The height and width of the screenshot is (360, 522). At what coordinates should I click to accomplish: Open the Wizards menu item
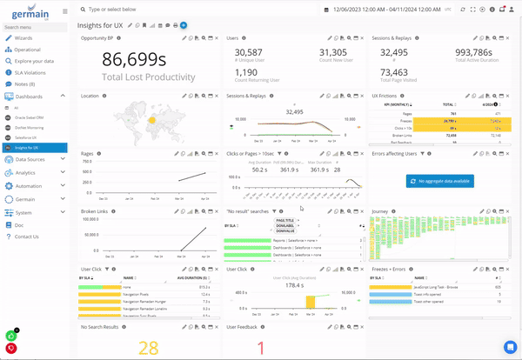[24, 39]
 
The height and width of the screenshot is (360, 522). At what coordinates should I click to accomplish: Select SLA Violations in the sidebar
[29, 73]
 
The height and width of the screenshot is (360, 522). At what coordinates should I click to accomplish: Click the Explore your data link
[34, 62]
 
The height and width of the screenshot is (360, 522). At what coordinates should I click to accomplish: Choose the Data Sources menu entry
[30, 159]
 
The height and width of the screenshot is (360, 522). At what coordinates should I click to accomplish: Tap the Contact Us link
[26, 237]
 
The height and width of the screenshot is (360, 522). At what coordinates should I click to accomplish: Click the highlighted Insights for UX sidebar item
[30, 148]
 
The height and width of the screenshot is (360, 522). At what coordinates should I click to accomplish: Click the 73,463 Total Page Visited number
[394, 73]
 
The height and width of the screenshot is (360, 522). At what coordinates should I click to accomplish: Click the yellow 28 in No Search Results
[148, 348]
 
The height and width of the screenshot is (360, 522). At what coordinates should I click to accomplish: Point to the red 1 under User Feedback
[260, 348]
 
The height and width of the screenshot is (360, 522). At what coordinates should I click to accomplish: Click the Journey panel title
[379, 211]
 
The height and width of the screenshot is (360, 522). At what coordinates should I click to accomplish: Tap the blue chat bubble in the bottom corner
[510, 347]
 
